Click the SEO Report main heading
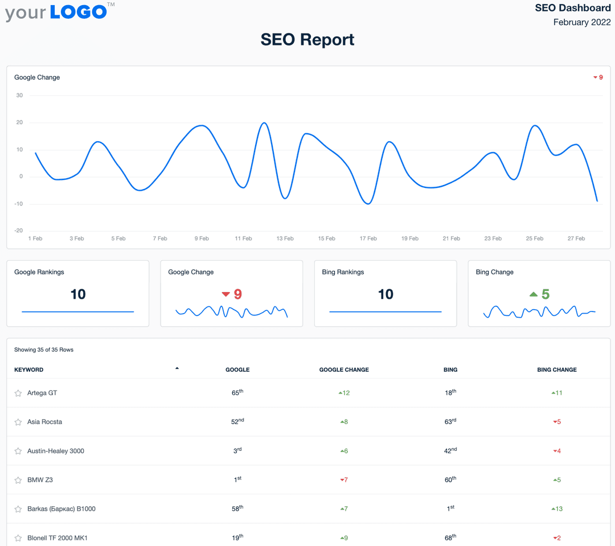click(307, 39)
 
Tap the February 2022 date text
click(581, 22)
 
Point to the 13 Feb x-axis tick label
click(285, 239)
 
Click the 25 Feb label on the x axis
click(534, 239)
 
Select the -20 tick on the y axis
click(19, 231)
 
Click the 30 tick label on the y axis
click(19, 95)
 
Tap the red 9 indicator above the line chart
click(598, 77)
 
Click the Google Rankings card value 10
click(78, 294)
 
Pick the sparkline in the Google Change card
click(232, 311)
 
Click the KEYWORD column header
click(29, 370)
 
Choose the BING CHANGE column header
click(556, 370)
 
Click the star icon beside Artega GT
click(18, 393)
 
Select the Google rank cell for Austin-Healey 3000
click(237, 451)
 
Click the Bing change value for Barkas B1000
click(557, 509)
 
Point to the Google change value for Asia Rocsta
click(344, 422)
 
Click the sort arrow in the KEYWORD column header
click(177, 368)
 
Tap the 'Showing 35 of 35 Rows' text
click(44, 350)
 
